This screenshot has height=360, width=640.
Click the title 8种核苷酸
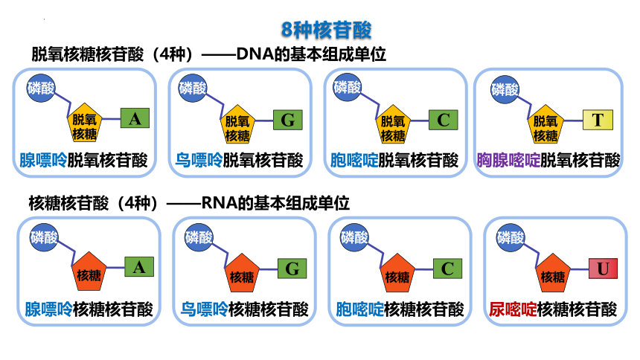(326, 30)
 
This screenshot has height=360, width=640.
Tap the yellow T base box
(598, 120)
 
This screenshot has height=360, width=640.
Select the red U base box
(603, 269)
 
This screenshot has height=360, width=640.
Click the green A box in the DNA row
(135, 118)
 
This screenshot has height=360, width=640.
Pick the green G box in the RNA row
(292, 269)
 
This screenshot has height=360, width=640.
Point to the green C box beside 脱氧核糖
(444, 120)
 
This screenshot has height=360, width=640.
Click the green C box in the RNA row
(447, 269)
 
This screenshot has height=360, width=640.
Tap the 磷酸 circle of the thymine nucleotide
(505, 89)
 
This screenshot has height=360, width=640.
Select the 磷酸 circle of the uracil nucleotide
(511, 237)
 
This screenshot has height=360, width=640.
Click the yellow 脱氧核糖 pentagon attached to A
(84, 123)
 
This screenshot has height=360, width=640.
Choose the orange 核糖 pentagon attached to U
(553, 274)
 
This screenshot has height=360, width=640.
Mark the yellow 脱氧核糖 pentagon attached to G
(237, 124)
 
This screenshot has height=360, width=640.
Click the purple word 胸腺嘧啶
(508, 161)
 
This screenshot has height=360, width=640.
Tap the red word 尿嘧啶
(513, 309)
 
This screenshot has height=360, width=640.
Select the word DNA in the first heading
(255, 54)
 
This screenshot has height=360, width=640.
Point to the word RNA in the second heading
(220, 203)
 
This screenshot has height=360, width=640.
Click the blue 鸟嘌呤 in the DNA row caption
(199, 161)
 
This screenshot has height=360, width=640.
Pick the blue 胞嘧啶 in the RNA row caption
(359, 309)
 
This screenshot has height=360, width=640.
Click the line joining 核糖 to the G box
(268, 269)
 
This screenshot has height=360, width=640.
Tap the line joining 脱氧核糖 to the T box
(573, 120)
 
